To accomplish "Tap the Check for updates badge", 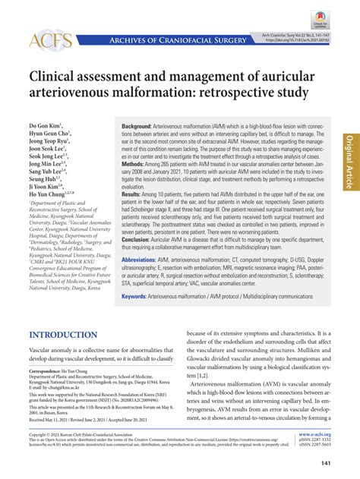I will click(x=318, y=19).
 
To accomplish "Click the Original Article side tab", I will click(x=349, y=162).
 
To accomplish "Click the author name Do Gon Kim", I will click(x=45, y=124).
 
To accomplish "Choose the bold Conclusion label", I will click(x=137, y=240).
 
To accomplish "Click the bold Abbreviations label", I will click(x=141, y=260).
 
